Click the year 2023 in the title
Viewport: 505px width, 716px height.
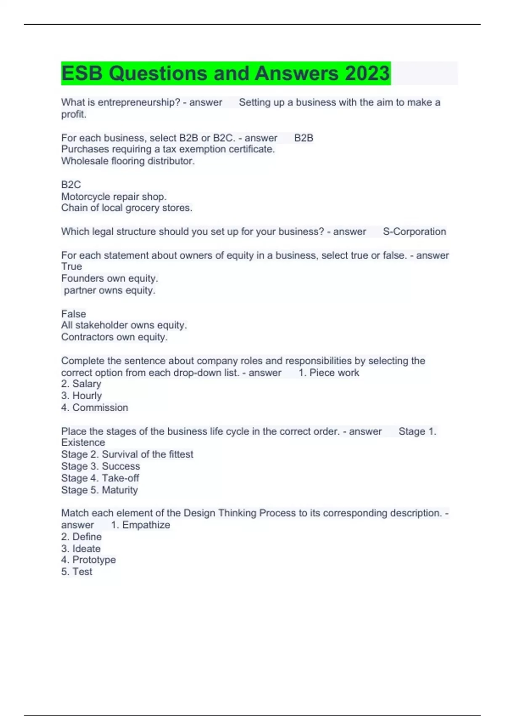(x=367, y=73)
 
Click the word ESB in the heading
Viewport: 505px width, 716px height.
(x=82, y=73)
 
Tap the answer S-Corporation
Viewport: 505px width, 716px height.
(x=414, y=232)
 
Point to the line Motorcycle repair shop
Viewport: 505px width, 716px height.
(x=114, y=197)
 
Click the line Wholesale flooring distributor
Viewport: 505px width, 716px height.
(x=128, y=161)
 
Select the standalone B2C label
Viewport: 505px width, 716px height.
(x=71, y=185)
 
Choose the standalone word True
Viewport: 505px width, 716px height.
(x=72, y=267)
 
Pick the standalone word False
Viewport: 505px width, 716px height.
(x=74, y=314)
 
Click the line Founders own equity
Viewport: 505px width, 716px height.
(x=109, y=278)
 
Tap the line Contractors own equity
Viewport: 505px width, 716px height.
(x=114, y=337)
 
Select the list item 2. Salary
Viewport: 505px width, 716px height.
(x=81, y=384)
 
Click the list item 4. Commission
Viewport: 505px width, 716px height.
(x=95, y=408)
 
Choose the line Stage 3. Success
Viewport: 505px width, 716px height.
(x=101, y=466)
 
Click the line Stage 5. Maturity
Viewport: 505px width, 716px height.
(x=99, y=490)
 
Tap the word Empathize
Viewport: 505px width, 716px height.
(x=146, y=525)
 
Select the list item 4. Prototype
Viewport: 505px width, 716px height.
(x=88, y=560)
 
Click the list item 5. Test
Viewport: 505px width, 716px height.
(x=77, y=572)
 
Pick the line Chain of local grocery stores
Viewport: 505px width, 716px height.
(x=127, y=208)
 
